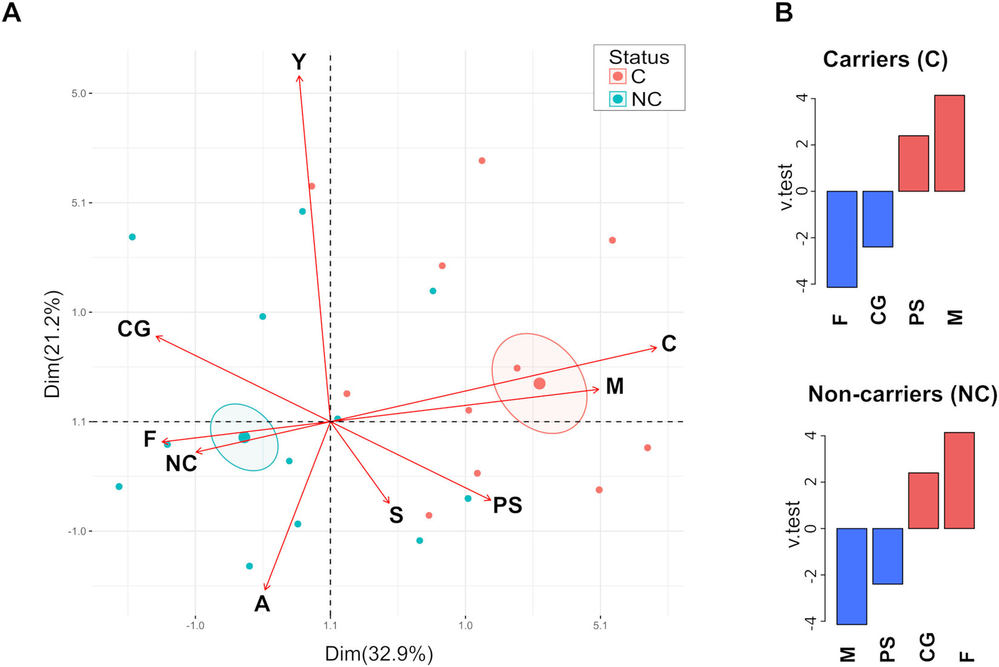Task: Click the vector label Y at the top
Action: [299, 62]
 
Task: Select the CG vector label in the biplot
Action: [134, 329]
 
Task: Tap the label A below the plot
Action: [262, 604]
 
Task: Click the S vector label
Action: [396, 515]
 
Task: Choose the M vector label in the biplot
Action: [615, 386]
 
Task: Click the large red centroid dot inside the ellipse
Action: [539, 384]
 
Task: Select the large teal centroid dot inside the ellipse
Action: [244, 437]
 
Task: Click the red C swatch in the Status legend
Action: [618, 76]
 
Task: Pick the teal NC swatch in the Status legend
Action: [618, 99]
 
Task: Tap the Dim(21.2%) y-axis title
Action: [52, 345]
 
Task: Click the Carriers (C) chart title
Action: [885, 60]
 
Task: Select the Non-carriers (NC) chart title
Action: [902, 394]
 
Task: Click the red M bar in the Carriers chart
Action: [949, 143]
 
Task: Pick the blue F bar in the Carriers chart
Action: [842, 239]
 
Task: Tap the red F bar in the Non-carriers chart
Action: [959, 480]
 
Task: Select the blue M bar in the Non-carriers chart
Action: [852, 576]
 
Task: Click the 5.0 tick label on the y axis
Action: [79, 94]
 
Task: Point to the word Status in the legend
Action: [639, 57]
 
